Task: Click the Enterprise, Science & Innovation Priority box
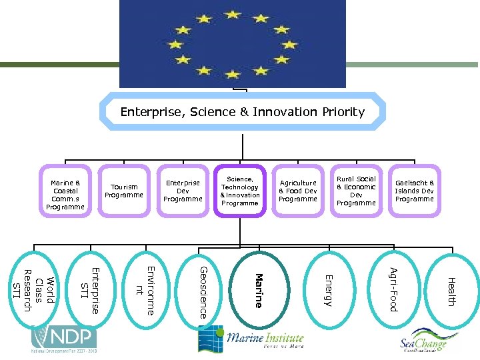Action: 243,112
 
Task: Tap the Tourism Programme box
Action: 124,191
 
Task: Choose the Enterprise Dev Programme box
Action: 183,191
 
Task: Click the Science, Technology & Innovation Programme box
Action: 240,191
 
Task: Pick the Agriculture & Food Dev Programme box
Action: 298,191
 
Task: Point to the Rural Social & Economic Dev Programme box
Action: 356,191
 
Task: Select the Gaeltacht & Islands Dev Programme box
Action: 414,191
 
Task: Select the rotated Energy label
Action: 327,291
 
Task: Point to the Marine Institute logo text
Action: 265,339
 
